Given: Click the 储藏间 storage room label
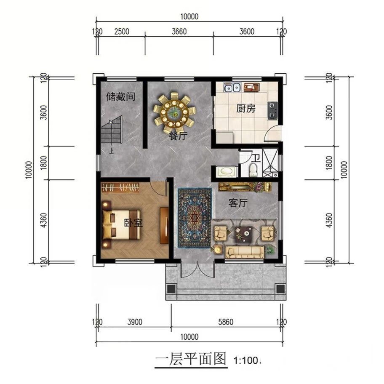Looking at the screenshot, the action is point(120,97).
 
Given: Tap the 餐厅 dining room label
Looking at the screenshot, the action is point(178,136).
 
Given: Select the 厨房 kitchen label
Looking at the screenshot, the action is point(245,108).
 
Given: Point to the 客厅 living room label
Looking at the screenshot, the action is point(238,203).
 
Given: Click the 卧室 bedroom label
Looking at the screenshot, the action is point(133,223).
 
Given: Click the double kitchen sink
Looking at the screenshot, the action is point(232,87).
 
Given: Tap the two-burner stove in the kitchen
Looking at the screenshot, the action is point(272,110).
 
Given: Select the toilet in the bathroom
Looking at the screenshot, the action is point(253,170).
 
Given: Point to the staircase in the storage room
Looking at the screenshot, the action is point(112,130).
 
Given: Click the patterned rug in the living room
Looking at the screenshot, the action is point(195,218).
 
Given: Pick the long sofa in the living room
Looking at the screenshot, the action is point(245,252).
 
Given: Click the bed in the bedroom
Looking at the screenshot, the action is point(121,224).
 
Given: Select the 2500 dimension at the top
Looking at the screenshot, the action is point(122,32).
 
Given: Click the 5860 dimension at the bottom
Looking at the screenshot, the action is point(226,322).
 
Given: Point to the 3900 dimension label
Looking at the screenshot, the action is point(135,322).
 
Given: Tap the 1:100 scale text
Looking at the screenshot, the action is point(246,360).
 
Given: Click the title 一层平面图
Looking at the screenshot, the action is point(191,359).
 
